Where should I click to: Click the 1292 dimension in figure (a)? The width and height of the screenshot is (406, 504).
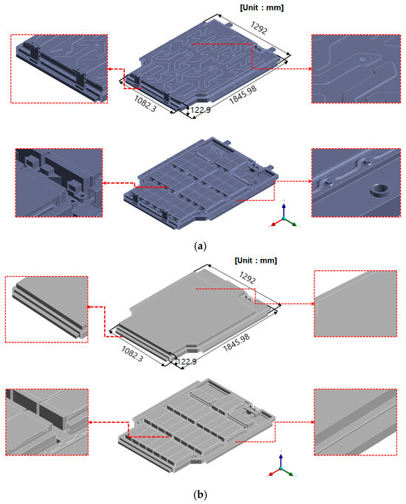coord(259,27)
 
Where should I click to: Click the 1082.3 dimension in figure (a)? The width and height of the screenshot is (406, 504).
coord(145,103)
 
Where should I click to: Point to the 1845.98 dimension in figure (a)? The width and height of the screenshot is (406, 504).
coord(243,94)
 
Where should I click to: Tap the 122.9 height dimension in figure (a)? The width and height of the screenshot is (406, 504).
coord(200,110)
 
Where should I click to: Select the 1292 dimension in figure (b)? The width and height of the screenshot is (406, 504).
coord(247,277)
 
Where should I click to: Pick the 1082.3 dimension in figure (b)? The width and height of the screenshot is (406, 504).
coord(132,353)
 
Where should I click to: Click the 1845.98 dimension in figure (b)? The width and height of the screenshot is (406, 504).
coord(236,342)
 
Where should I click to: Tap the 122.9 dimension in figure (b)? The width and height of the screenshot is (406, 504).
coord(187,362)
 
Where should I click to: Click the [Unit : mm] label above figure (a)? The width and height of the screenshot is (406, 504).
coord(261,7)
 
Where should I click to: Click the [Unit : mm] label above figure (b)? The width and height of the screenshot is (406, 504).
coord(255,260)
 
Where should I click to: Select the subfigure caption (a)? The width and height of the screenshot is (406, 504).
coord(200,246)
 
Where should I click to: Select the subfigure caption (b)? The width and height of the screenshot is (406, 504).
coord(200,494)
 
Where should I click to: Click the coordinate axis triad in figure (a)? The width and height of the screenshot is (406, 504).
coord(284,216)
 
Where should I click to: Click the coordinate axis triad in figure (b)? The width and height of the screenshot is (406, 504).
coord(281,466)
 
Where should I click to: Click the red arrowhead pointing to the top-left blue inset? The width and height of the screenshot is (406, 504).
coord(109,69)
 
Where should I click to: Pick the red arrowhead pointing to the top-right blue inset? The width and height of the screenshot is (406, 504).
coord(309,69)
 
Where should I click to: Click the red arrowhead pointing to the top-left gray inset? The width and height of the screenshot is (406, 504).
coord(90,307)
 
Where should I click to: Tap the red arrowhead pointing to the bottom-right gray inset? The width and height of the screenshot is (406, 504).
coord(312,422)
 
